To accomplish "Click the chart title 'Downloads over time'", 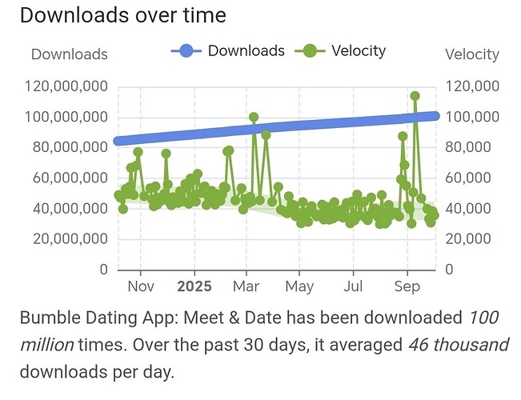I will click(123, 15).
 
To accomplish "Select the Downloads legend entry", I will click(229, 51).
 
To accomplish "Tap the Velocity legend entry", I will click(342, 51).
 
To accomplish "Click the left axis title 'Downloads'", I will click(69, 54).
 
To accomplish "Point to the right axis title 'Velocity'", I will click(472, 54).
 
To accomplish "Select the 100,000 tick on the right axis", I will click(472, 117).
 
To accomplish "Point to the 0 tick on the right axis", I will click(448, 270).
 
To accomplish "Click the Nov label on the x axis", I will click(141, 286).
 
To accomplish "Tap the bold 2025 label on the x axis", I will click(194, 286).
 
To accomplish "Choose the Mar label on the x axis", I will click(246, 286).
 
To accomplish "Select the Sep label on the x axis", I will click(407, 286).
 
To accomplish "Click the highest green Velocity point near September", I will click(415, 96).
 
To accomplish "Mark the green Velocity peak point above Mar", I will click(254, 117).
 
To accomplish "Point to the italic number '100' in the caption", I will click(483, 318).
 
